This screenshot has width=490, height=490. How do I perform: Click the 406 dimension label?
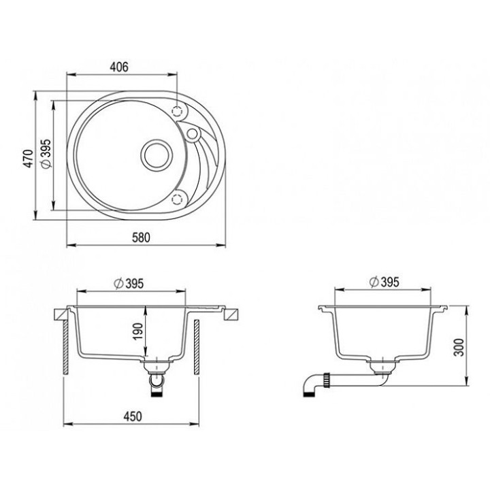pos(119,67)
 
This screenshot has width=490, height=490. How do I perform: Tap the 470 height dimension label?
pos(29,159)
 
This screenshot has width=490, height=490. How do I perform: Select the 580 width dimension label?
pos(141,238)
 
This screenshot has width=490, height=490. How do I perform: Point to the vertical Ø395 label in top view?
pos(46,153)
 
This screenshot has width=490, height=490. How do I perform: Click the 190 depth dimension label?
pos(138,331)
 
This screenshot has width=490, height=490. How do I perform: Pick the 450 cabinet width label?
pos(133,416)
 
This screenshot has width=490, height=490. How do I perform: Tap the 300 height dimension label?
pos(459,347)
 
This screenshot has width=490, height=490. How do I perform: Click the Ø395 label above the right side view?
pos(384,282)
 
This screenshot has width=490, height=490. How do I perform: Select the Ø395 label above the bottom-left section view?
pos(129,283)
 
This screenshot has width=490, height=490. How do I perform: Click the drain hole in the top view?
pos(157,155)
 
